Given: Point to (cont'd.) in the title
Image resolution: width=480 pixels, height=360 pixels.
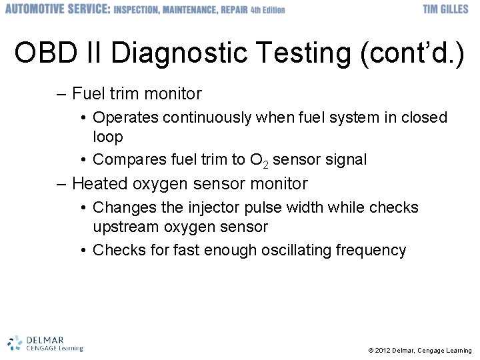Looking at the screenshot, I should [411, 53].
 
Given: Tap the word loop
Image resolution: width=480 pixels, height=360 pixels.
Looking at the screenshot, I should [108, 137].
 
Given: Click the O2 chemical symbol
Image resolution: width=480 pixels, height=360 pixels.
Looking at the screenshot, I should [259, 161].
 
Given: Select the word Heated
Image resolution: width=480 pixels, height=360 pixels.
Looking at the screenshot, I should [98, 183].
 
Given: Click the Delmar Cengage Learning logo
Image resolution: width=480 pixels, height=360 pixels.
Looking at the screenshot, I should [45, 343].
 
